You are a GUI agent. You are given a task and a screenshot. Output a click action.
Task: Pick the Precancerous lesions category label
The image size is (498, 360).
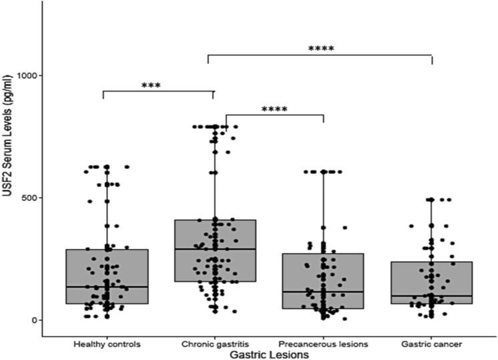[x=322, y=343]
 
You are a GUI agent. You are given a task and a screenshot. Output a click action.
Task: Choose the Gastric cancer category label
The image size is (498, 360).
[x=431, y=343]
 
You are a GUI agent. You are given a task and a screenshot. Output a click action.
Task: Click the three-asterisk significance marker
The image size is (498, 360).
[x=151, y=85]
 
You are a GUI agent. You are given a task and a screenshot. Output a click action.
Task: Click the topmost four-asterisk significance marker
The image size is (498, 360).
[x=320, y=49]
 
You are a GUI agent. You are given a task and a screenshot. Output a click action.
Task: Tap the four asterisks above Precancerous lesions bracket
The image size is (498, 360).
[x=274, y=109]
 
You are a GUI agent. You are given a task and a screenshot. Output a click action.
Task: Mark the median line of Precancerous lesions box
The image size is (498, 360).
[x=323, y=292]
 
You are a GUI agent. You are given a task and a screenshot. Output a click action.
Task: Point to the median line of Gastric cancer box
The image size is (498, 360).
[x=431, y=295]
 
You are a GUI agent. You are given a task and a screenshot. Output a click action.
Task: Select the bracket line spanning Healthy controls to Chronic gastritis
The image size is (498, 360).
[x=158, y=92]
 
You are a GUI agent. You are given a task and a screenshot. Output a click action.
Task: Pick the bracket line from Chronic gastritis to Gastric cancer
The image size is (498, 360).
[x=320, y=55]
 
